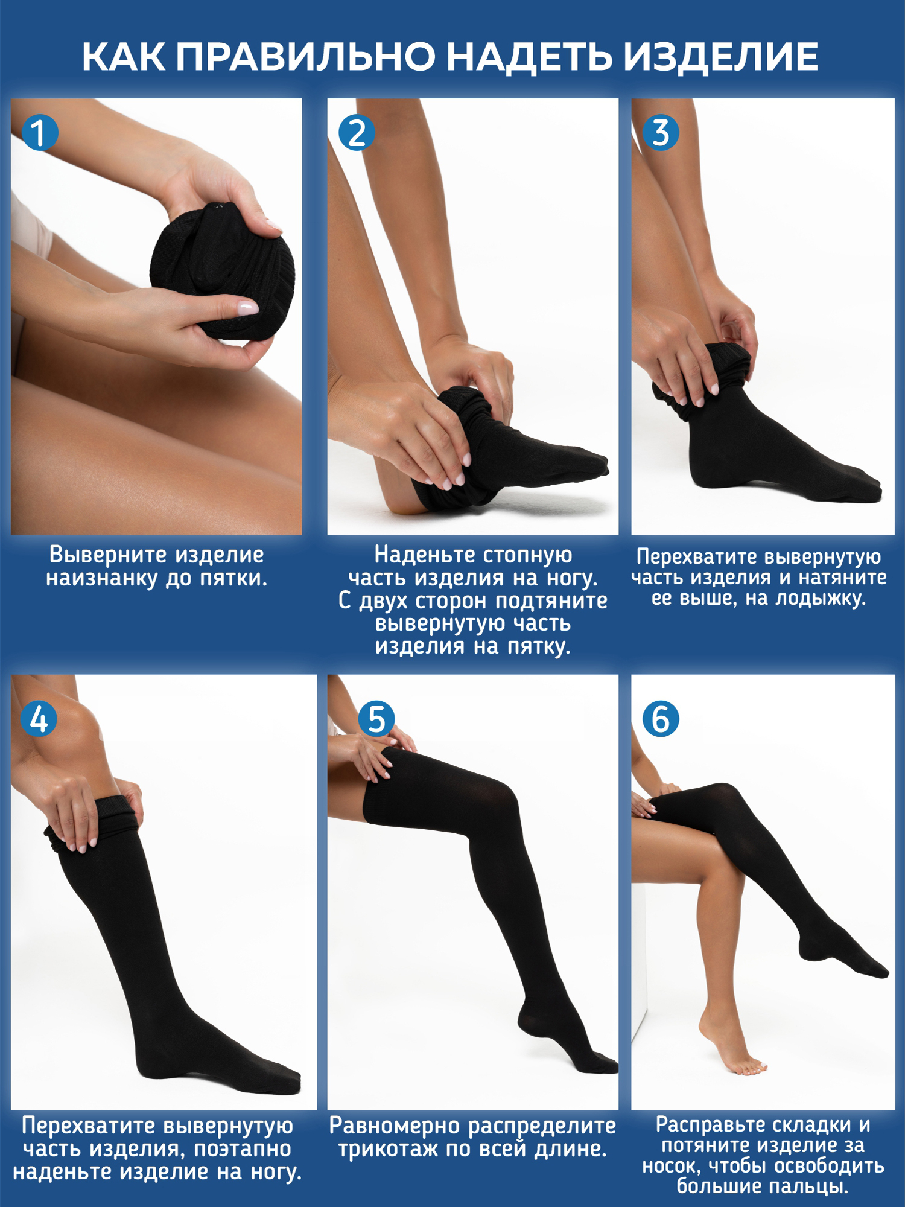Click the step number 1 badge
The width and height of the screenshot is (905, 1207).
pyautogui.click(x=39, y=133)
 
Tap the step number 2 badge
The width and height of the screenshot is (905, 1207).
pyautogui.click(x=357, y=133)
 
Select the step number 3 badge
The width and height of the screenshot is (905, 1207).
pyautogui.click(x=661, y=133)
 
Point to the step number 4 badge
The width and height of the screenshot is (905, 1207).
pyautogui.click(x=39, y=719)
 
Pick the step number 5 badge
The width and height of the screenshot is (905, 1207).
pyautogui.click(x=376, y=719)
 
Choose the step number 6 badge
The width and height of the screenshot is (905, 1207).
pyautogui.click(x=661, y=719)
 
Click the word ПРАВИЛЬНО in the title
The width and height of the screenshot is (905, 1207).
pyautogui.click(x=306, y=57)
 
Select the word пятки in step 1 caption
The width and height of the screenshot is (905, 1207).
pyautogui.click(x=233, y=578)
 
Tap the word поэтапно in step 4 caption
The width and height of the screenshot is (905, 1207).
pyautogui.click(x=243, y=1149)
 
